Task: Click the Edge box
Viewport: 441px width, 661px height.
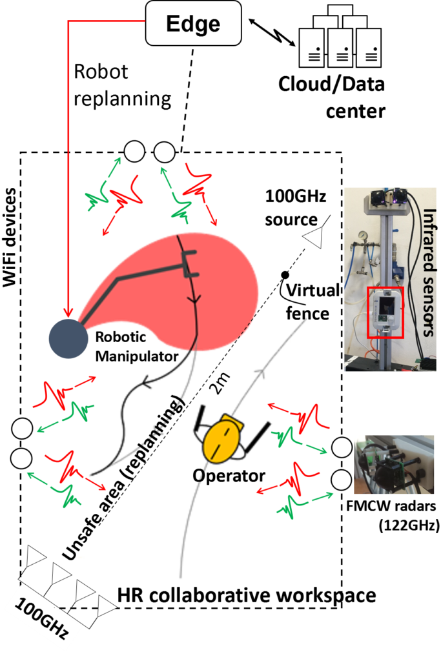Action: pyautogui.click(x=194, y=23)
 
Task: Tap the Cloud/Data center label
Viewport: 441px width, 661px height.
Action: pyautogui.click(x=332, y=97)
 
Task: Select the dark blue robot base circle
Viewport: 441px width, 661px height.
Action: pyautogui.click(x=68, y=338)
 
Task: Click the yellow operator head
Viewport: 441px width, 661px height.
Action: pyautogui.click(x=223, y=439)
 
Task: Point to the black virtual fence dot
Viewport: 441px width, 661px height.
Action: pyautogui.click(x=285, y=275)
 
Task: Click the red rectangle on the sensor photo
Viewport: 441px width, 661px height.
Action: pyautogui.click(x=385, y=312)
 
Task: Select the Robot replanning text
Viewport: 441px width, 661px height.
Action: pyautogui.click(x=122, y=85)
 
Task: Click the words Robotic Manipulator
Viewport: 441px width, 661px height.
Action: pyautogui.click(x=137, y=347)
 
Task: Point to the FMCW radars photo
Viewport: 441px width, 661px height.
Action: pyautogui.click(x=393, y=465)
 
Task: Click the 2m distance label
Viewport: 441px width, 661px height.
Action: pyautogui.click(x=221, y=383)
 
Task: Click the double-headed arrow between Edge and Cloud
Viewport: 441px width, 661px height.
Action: pyautogui.click(x=272, y=32)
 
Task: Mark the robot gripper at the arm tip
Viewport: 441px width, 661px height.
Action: pyautogui.click(x=189, y=264)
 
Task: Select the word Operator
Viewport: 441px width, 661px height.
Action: pyautogui.click(x=229, y=476)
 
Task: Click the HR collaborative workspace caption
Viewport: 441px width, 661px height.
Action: pyautogui.click(x=247, y=596)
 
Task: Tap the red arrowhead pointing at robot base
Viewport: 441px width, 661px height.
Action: pyautogui.click(x=68, y=312)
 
